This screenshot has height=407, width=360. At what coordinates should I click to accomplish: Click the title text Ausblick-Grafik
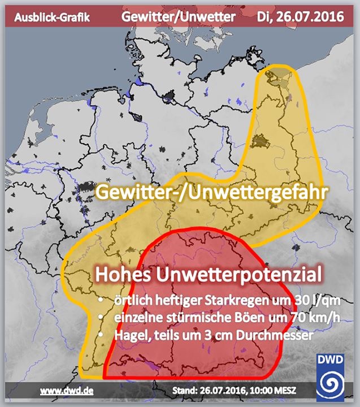click(x=52, y=18)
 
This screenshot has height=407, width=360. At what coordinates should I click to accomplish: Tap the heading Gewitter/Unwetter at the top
click(x=179, y=17)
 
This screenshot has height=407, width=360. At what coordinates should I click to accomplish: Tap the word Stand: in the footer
click(x=184, y=390)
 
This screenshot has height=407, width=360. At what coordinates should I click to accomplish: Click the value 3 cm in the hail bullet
click(x=211, y=335)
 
